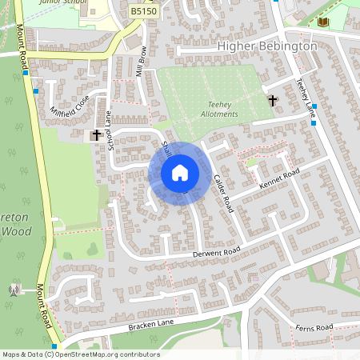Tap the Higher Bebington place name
(x=267, y=46)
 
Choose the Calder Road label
(x=222, y=193)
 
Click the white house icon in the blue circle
(x=180, y=173)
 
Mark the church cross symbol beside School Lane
(x=98, y=135)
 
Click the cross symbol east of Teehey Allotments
(x=273, y=101)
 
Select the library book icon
(x=324, y=22)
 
